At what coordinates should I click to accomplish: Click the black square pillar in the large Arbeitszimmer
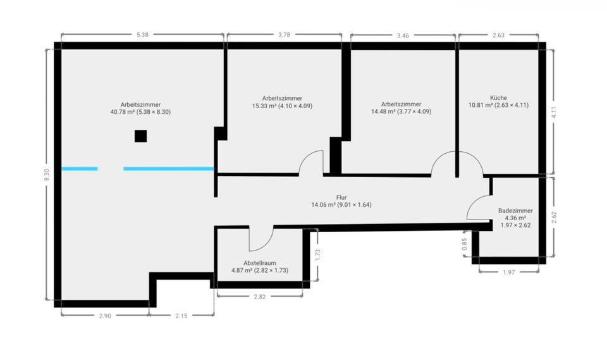tap(140, 136)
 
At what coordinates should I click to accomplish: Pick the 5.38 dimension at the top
tap(142, 35)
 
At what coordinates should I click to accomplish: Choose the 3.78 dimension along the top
tap(284, 35)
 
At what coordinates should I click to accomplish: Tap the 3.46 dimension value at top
tap(402, 36)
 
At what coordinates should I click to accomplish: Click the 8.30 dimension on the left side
tap(46, 175)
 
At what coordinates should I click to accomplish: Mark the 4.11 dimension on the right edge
tap(554, 111)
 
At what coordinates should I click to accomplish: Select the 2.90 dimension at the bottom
tap(105, 315)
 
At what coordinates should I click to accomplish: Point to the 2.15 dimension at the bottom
tap(181, 315)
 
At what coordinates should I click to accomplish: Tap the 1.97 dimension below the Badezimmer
tap(509, 272)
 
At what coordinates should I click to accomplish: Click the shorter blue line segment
tap(80, 168)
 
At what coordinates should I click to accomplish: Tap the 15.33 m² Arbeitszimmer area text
tap(282, 106)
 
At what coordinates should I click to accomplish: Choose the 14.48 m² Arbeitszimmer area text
tap(401, 111)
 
